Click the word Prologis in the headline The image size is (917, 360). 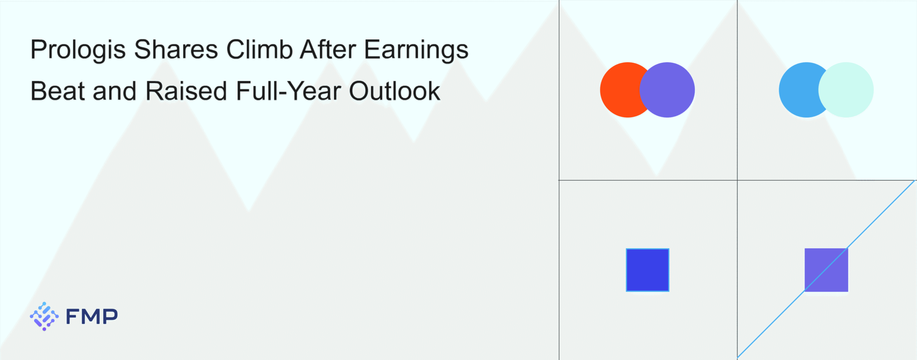coord(78,51)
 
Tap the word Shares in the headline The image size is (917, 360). coord(176,49)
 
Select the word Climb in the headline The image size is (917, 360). coord(259,49)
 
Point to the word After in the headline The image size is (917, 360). coord(328,49)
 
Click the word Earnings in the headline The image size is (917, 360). coord(416,51)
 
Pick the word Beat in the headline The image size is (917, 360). coord(58,91)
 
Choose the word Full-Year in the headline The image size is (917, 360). coord(288,91)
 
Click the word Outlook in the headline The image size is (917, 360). coord(394,91)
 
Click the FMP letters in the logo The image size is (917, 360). coord(92,316)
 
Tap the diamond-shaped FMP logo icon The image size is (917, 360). coord(44,316)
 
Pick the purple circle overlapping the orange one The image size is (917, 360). coord(667,90)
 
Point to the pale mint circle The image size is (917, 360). coord(846,90)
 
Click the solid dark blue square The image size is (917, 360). coord(648,270)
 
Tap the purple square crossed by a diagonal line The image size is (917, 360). coord(826,270)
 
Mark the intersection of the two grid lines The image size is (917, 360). coord(737,180)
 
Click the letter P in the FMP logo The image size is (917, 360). coord(110,316)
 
